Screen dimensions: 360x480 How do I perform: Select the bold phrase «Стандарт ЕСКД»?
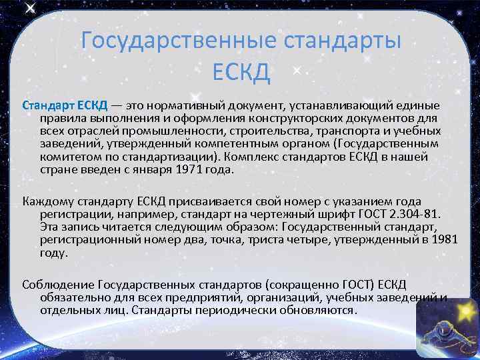pyautogui.click(x=61, y=106)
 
